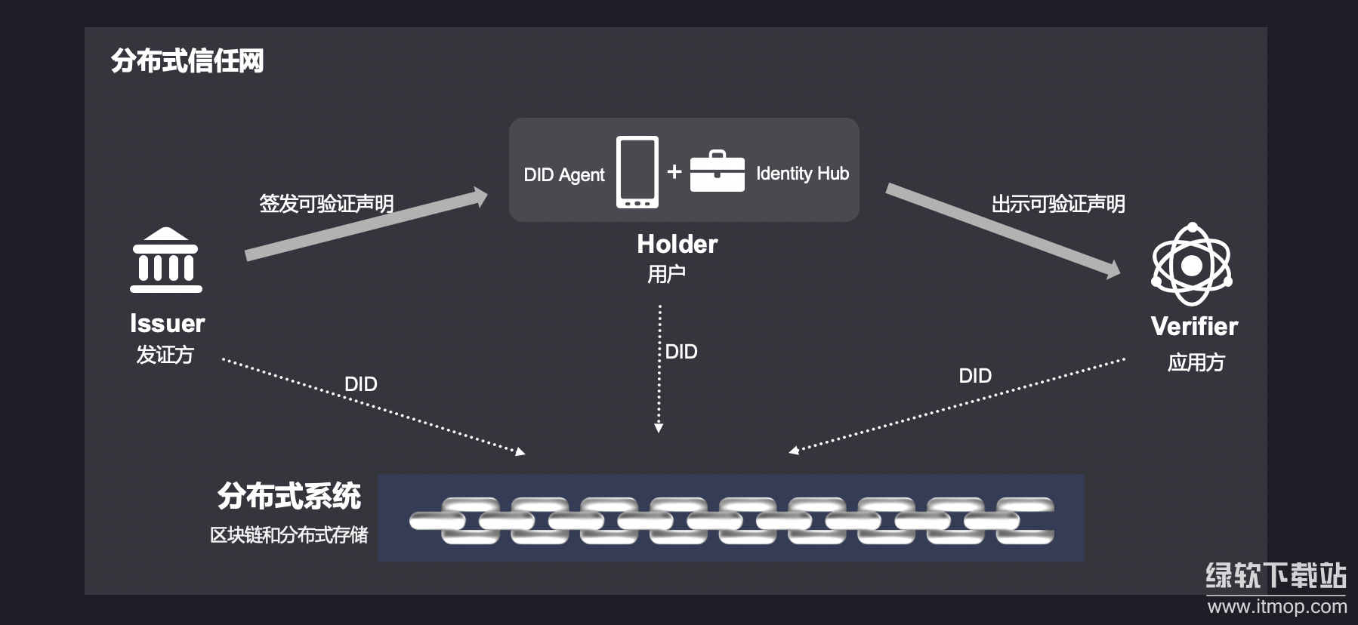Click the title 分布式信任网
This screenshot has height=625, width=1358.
click(187, 61)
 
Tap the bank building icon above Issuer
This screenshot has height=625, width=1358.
click(166, 260)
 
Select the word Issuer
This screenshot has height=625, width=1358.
click(167, 323)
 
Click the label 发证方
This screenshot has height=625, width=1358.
click(165, 354)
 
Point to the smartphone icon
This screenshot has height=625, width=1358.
click(637, 172)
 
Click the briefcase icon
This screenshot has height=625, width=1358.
click(717, 171)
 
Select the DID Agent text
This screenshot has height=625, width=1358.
click(563, 175)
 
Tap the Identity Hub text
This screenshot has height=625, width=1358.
click(802, 174)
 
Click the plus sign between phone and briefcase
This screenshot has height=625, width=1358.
click(674, 172)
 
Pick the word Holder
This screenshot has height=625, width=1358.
click(677, 244)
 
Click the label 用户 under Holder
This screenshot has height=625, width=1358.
click(666, 273)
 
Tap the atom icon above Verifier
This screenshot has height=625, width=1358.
click(1191, 264)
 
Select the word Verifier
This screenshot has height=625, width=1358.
click(1194, 326)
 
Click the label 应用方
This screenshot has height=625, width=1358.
click(1196, 362)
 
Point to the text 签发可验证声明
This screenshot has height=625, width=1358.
click(326, 204)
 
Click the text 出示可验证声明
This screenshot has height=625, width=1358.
click(1057, 204)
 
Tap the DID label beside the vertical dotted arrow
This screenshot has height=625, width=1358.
click(681, 352)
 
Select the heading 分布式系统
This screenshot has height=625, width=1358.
click(289, 496)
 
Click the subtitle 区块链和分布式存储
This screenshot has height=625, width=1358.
click(289, 535)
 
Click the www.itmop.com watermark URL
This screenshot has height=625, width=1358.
click(1276, 606)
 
